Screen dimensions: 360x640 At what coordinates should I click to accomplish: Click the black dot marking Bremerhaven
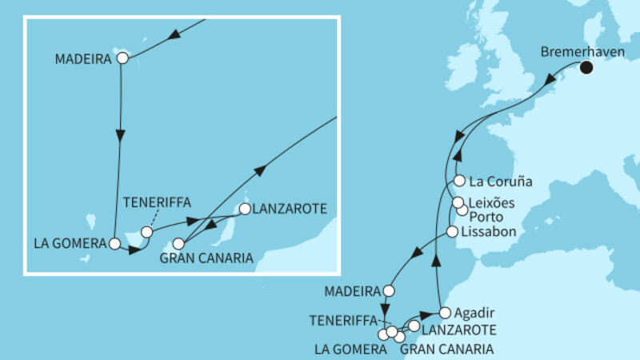[588, 68]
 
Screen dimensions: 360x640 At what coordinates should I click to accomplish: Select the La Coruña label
[501, 181]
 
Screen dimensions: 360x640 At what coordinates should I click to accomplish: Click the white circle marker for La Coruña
[460, 180]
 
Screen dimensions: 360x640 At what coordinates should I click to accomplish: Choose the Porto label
[489, 217]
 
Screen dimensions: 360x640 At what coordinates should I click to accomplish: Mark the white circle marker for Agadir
[446, 312]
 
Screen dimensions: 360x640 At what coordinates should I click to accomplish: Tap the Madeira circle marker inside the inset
[122, 58]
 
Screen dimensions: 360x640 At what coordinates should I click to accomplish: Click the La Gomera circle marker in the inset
[115, 242]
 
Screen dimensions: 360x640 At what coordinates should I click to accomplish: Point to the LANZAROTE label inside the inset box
[290, 210]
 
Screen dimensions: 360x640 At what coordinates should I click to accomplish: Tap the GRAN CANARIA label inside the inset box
[206, 258]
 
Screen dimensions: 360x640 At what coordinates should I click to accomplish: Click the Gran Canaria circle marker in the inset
[179, 245]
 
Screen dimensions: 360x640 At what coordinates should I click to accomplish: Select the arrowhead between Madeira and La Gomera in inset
[121, 138]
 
